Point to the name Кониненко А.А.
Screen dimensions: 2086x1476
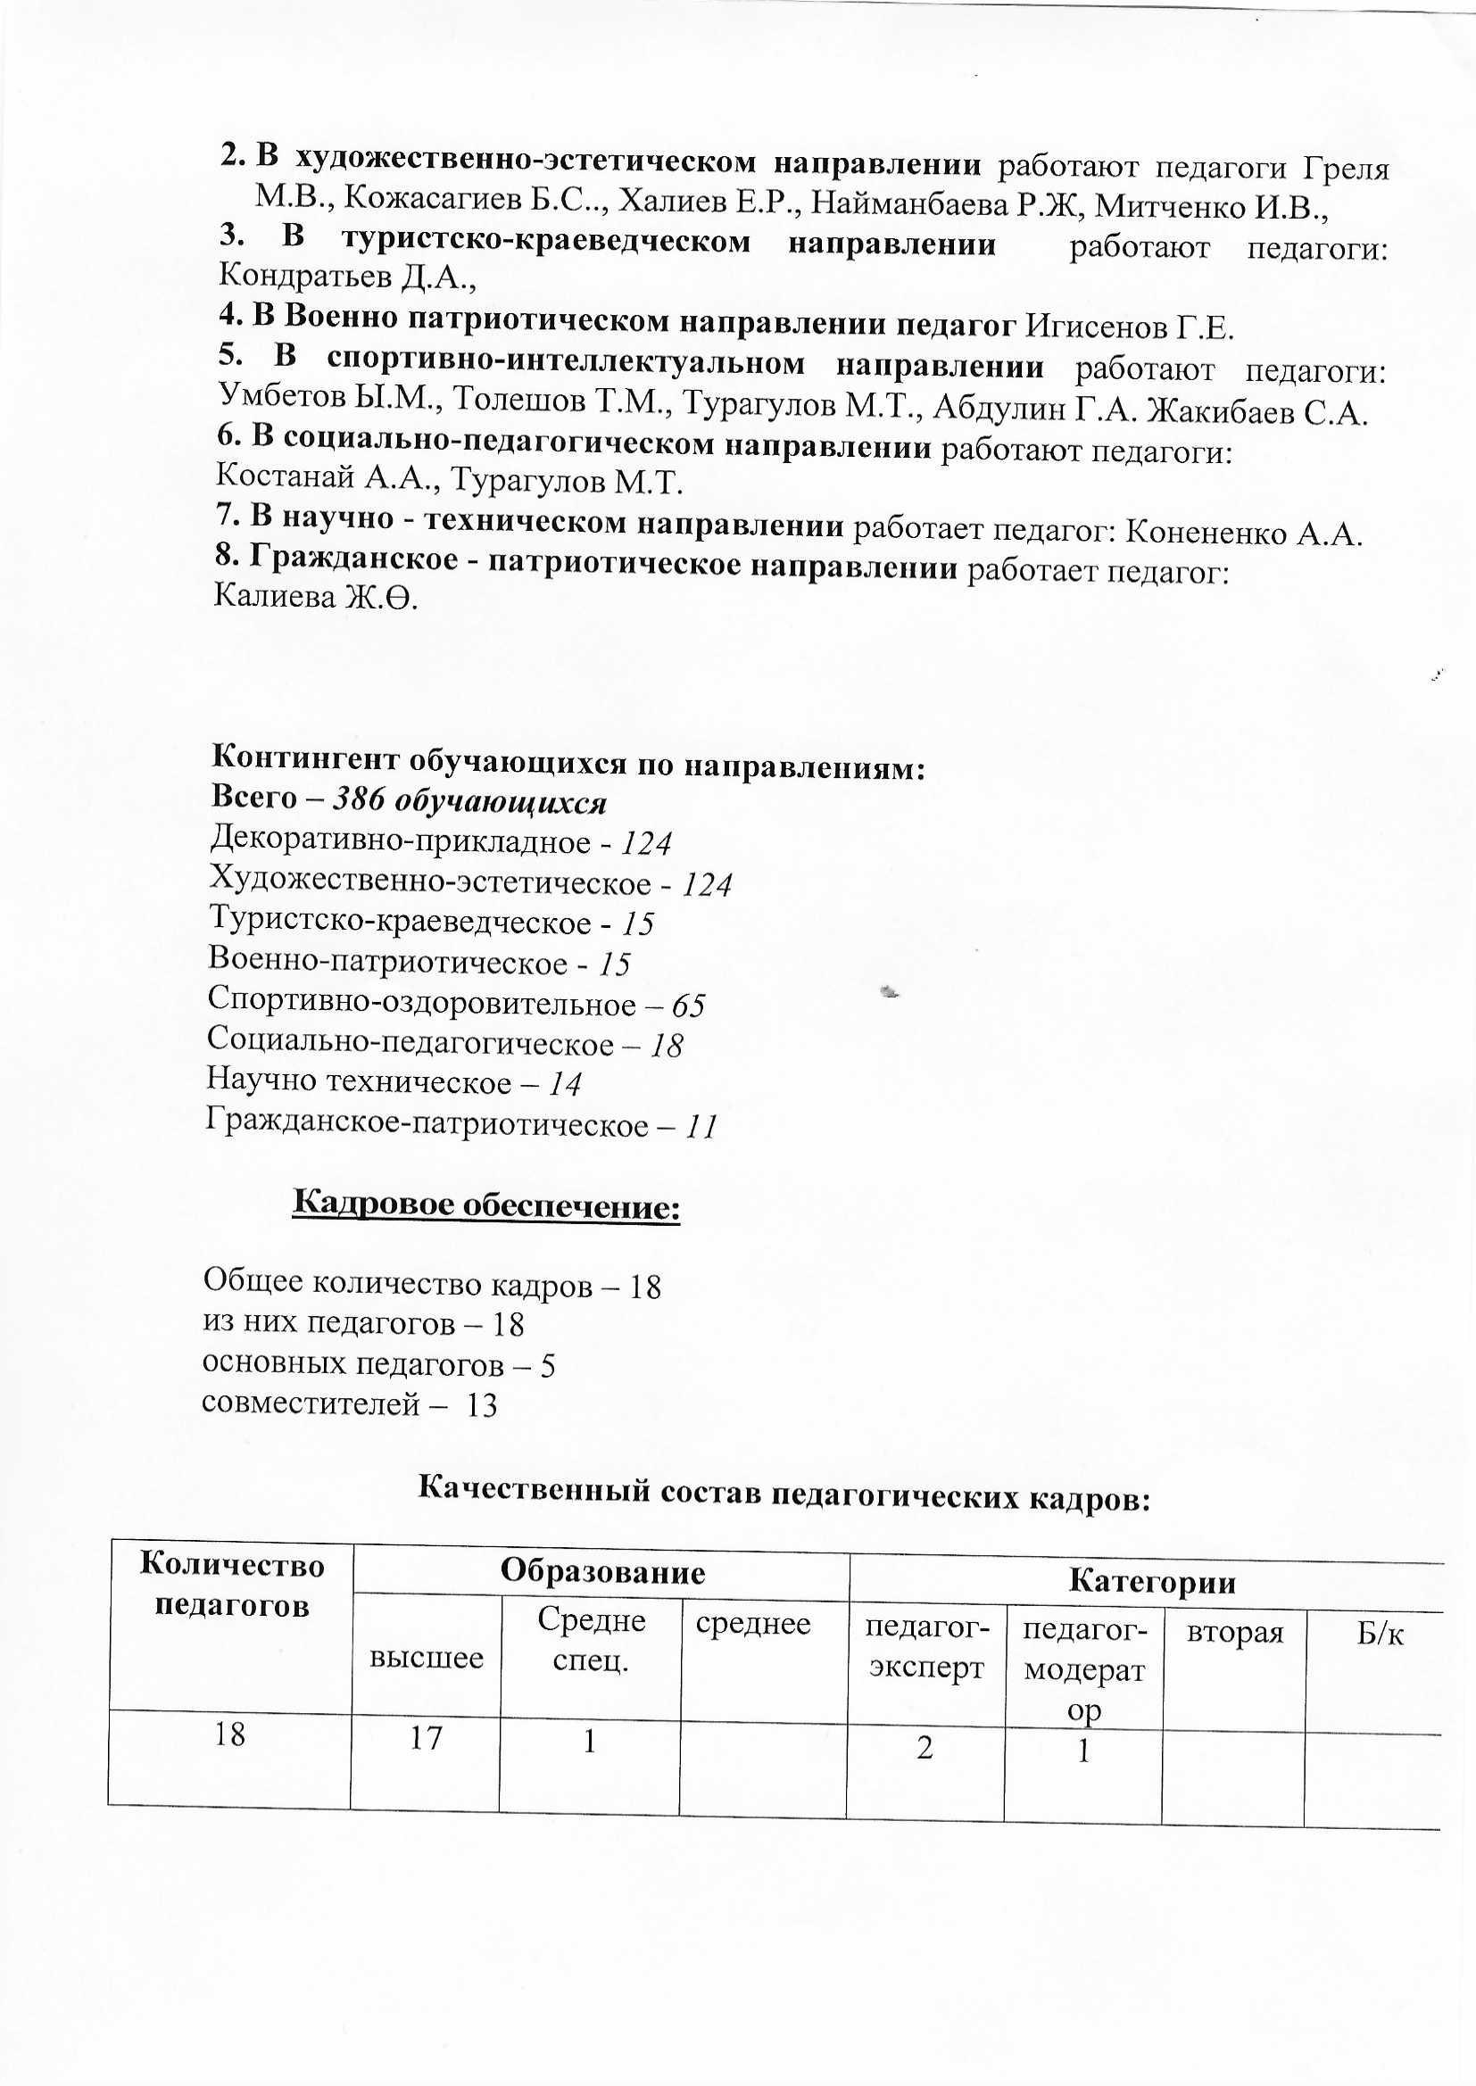(x=1244, y=534)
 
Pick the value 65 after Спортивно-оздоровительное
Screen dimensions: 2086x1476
(x=688, y=1006)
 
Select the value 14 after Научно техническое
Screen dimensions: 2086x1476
(x=564, y=1084)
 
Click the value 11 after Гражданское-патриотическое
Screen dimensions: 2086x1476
(x=701, y=1128)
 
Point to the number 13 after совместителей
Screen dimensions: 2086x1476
(x=481, y=1405)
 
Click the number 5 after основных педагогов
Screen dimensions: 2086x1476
(x=547, y=1365)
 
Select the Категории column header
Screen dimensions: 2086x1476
(x=1151, y=1582)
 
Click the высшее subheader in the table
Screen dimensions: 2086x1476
(x=426, y=1658)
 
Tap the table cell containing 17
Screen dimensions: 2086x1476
(x=426, y=1738)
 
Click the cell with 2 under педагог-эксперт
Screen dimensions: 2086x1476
(x=925, y=1746)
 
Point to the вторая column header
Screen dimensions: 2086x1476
(x=1234, y=1633)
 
